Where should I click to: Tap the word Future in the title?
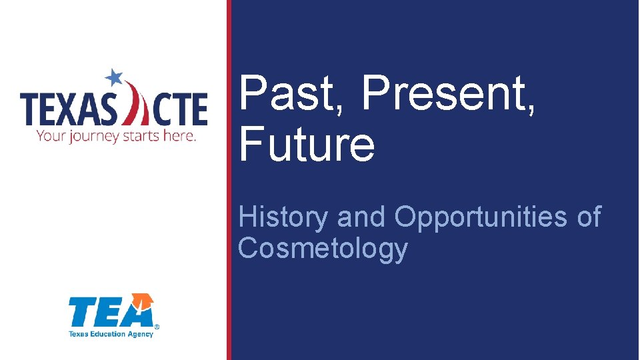pyautogui.click(x=307, y=145)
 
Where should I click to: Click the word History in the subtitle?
pyautogui.click(x=284, y=217)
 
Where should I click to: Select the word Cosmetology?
pyautogui.click(x=323, y=248)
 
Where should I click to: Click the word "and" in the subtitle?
pyautogui.click(x=361, y=217)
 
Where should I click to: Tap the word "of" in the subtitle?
pyautogui.click(x=587, y=217)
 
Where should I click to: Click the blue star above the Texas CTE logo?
pyautogui.click(x=115, y=77)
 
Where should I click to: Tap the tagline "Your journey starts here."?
pyautogui.click(x=116, y=136)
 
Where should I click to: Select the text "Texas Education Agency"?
pyautogui.click(x=111, y=333)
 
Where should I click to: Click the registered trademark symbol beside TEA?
pyautogui.click(x=157, y=327)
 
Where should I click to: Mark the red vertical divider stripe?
pyautogui.click(x=229, y=180)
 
